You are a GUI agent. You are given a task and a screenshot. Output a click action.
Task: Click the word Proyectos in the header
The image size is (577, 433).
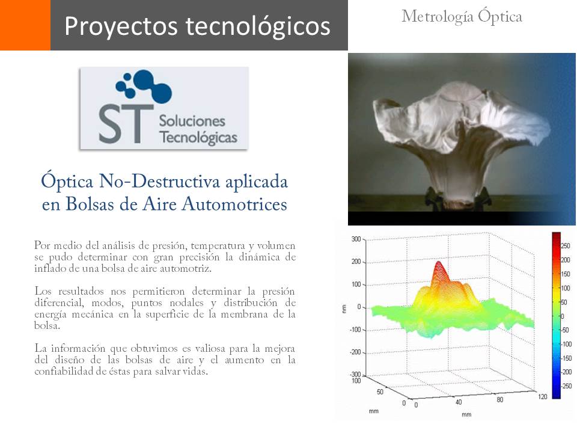pyautogui.click(x=122, y=26)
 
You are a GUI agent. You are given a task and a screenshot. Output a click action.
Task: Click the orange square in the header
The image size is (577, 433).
pyautogui.click(x=25, y=25)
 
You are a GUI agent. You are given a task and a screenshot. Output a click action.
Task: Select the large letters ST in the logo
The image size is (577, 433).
pyautogui.click(x=126, y=124)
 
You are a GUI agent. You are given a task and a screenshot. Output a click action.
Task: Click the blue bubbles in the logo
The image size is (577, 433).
pyautogui.click(x=144, y=86)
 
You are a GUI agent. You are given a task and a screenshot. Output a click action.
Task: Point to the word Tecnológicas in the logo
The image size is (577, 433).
pyautogui.click(x=198, y=137)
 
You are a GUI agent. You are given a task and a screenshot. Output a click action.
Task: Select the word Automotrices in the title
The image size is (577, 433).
pyautogui.click(x=234, y=204)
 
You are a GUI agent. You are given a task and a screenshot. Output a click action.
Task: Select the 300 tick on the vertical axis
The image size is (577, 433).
pyautogui.click(x=356, y=239)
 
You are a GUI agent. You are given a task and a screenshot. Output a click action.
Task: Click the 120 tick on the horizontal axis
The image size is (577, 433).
pyautogui.click(x=542, y=396)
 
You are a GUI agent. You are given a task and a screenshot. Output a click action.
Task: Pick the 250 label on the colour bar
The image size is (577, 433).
pyautogui.click(x=565, y=245)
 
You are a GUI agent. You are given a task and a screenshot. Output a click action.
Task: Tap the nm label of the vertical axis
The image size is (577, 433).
pyautogui.click(x=344, y=309)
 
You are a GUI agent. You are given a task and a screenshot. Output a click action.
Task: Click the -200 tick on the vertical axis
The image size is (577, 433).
pyautogui.click(x=355, y=352)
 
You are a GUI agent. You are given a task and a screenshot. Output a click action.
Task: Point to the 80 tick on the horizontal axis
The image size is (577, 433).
pyautogui.click(x=499, y=399)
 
